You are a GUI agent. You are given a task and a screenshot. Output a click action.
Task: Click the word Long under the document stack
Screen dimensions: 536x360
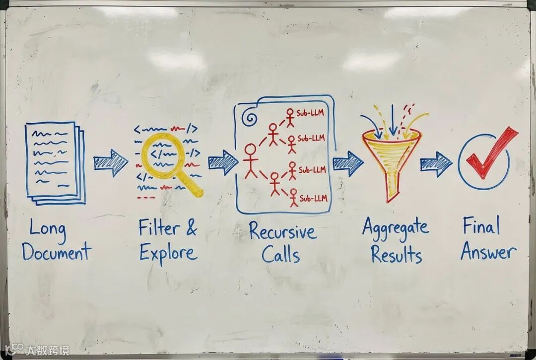pyautogui.click(x=48, y=229)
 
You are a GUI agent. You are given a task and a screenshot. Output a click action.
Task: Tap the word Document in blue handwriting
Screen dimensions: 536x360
pyautogui.click(x=56, y=252)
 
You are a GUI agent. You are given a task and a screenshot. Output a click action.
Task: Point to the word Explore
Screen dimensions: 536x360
pyautogui.click(x=168, y=252)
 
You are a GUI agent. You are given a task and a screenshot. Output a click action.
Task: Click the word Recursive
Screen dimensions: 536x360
pyautogui.click(x=282, y=232)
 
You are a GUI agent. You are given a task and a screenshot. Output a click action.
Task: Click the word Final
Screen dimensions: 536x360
pyautogui.click(x=481, y=226)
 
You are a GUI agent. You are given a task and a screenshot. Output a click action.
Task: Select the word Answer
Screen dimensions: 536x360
pyautogui.click(x=488, y=251)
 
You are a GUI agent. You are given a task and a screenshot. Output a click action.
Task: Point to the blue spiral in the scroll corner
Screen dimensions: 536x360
pyautogui.click(x=250, y=118)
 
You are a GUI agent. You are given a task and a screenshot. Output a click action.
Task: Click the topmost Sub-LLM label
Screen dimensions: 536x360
pyautogui.click(x=310, y=113)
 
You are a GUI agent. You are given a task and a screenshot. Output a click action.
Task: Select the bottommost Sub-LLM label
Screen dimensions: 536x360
pyautogui.click(x=314, y=198)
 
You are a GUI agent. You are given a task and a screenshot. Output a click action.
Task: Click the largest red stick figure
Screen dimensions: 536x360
pyautogui.click(x=251, y=160)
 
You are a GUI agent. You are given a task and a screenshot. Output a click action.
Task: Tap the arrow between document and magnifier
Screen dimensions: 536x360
pyautogui.click(x=111, y=163)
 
